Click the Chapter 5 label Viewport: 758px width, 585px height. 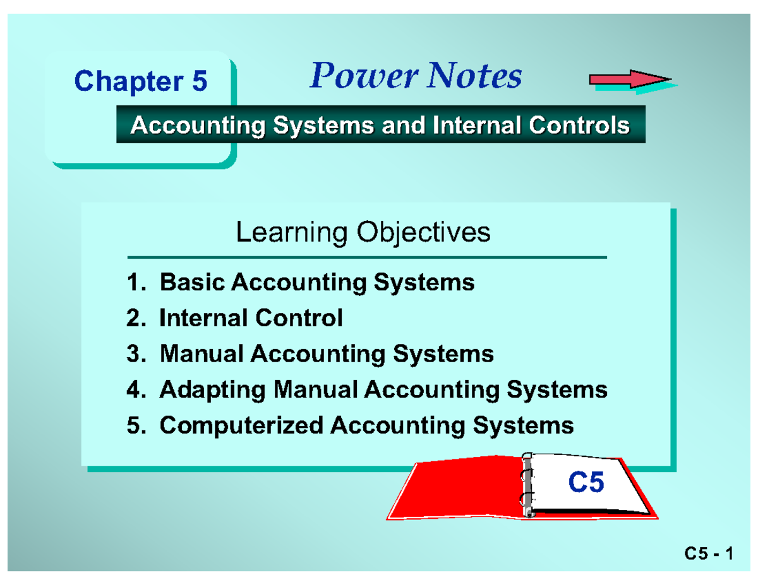(x=140, y=82)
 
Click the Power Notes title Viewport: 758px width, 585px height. (x=416, y=77)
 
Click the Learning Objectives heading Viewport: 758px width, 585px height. (x=363, y=233)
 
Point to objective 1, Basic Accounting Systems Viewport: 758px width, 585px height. (x=301, y=282)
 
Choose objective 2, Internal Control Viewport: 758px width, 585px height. (x=235, y=318)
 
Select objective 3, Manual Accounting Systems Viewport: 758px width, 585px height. (x=310, y=353)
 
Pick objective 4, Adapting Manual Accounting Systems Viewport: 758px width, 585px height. (x=367, y=389)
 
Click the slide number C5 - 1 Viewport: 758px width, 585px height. (x=708, y=555)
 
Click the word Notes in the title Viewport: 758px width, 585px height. (x=476, y=77)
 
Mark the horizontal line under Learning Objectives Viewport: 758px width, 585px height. (x=366, y=258)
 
